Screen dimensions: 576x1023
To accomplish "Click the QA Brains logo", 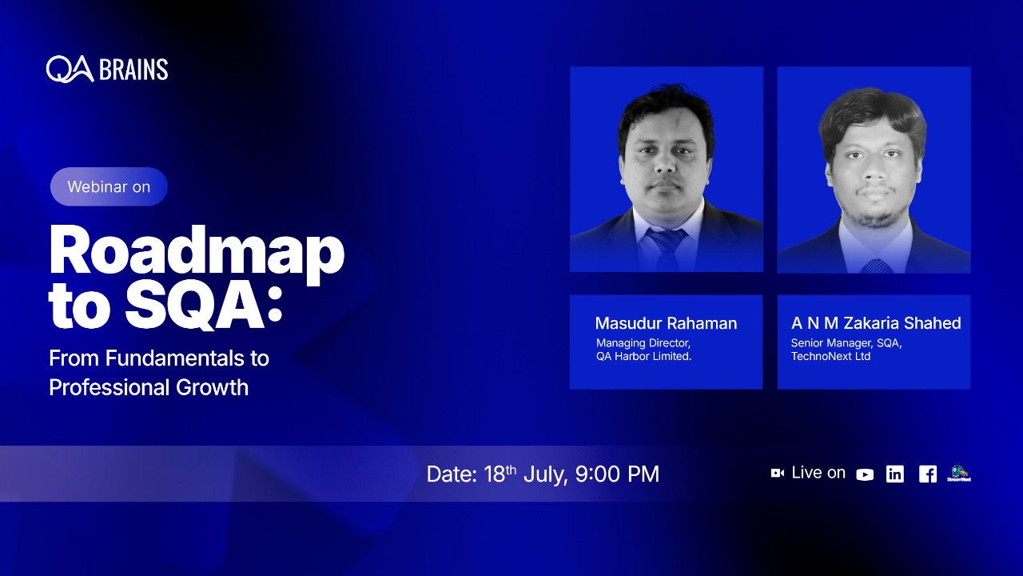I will point(107,70).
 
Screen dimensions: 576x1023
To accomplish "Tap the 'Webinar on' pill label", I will point(109,186).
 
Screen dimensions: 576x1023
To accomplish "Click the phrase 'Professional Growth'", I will point(149,387).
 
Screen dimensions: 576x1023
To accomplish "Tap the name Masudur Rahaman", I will point(666,323).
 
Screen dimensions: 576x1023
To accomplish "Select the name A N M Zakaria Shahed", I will point(876,323).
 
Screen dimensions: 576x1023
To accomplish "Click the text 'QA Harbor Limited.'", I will point(643,357).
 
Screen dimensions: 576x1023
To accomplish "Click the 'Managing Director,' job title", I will point(643,343).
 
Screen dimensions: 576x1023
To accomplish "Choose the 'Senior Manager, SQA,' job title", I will point(846,343).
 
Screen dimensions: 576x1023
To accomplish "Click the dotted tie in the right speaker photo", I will point(876,265).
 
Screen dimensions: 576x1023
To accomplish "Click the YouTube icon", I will point(865,474).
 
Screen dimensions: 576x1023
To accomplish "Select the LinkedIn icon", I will point(895,474).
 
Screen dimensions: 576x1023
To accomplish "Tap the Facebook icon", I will point(927,474).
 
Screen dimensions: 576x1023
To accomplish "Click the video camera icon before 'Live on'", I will point(777,474).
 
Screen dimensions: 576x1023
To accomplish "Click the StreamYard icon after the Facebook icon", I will point(958,474).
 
